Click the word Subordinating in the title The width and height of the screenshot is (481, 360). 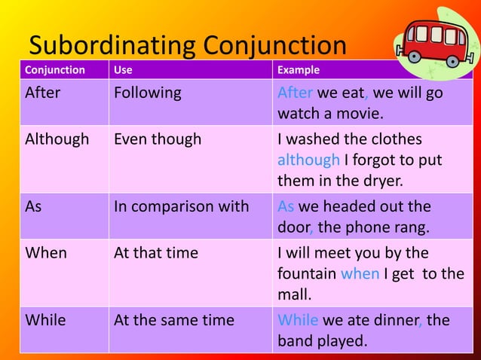[x=110, y=46]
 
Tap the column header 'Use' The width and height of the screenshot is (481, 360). [x=121, y=70]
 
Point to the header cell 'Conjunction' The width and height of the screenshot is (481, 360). [x=55, y=70]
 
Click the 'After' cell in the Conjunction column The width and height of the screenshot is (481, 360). [x=43, y=93]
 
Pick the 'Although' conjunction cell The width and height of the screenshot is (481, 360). [x=57, y=139]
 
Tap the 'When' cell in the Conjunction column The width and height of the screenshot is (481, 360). [x=46, y=253]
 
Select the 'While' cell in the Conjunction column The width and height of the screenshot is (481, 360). [x=45, y=320]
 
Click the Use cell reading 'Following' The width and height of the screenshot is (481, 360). [x=148, y=93]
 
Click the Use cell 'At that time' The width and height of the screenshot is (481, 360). [x=156, y=253]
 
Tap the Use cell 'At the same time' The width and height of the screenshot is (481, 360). [x=174, y=320]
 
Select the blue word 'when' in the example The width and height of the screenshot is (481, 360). [x=360, y=273]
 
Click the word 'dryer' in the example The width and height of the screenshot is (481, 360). [x=383, y=180]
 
